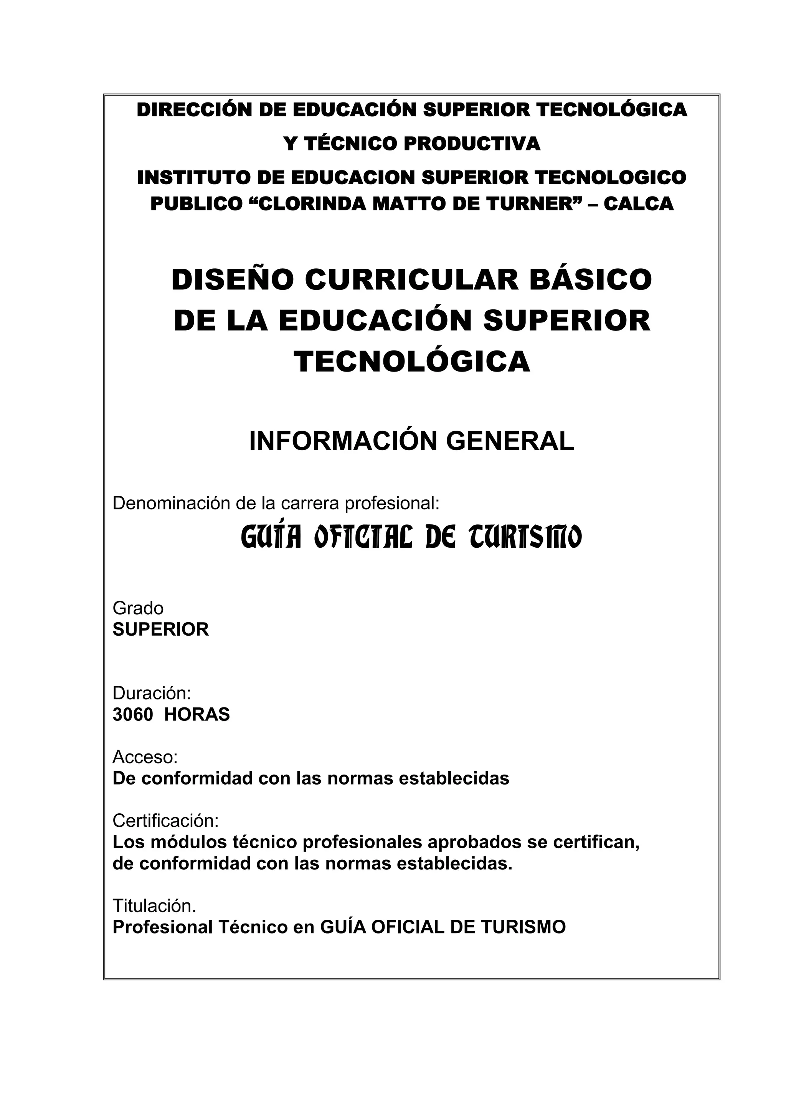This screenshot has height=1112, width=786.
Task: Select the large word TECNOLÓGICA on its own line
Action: click(x=412, y=362)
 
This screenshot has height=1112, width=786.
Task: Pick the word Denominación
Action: click(x=172, y=504)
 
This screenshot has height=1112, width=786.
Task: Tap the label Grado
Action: click(x=138, y=608)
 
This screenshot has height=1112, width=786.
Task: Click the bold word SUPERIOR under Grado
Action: click(x=161, y=630)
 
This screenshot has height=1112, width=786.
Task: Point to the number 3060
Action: click(x=133, y=715)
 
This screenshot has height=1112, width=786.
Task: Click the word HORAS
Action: click(x=197, y=715)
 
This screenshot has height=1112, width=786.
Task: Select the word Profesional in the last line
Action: click(x=163, y=927)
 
